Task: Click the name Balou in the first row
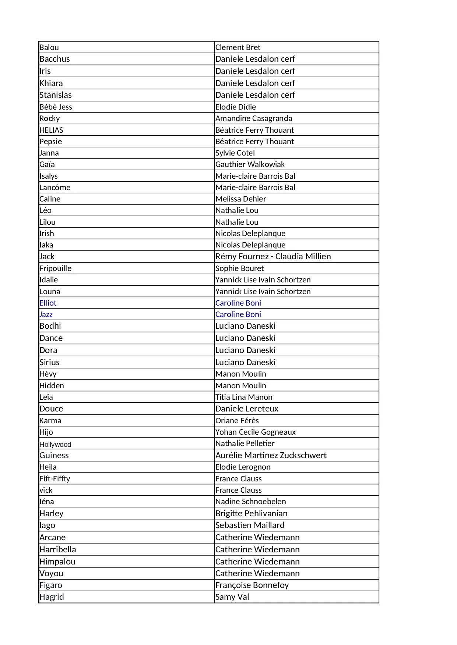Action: point(49,47)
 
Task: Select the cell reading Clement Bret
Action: point(238,47)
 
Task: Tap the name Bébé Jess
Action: point(56,107)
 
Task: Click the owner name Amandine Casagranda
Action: point(253,118)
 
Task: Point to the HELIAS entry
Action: point(51,130)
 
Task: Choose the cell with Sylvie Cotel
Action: point(235,153)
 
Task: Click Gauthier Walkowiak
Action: point(250,164)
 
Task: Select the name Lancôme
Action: point(55,188)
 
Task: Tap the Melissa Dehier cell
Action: point(240,199)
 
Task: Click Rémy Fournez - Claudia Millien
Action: point(273,256)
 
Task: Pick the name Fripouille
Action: point(55,268)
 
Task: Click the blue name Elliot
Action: point(48,303)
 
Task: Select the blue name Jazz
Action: point(46,314)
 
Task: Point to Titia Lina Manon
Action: point(244,397)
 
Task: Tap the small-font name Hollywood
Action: point(55,445)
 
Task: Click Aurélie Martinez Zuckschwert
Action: point(271,455)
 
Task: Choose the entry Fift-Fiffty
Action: point(55,479)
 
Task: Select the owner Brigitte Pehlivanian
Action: point(251,513)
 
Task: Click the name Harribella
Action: point(58,549)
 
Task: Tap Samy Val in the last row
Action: point(232,597)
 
